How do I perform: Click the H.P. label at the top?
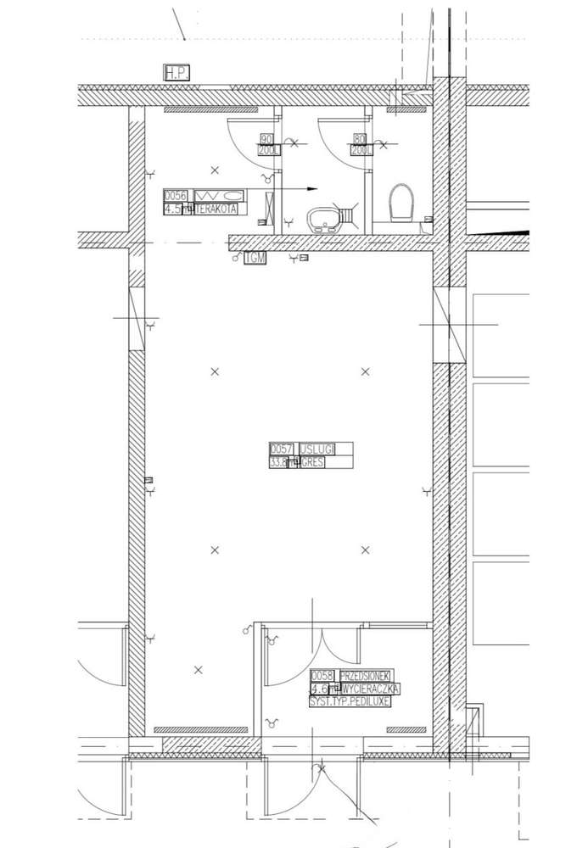[x=177, y=73]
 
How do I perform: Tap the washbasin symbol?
[x=323, y=220]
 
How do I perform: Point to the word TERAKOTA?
[x=216, y=209]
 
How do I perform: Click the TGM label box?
[x=255, y=258]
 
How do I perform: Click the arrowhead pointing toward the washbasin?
[x=311, y=188]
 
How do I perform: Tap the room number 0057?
[x=281, y=449]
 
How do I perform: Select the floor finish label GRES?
[x=311, y=463]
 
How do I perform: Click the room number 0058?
[x=322, y=676]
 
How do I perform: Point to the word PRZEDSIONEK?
[x=365, y=676]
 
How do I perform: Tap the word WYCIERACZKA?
[x=370, y=689]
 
